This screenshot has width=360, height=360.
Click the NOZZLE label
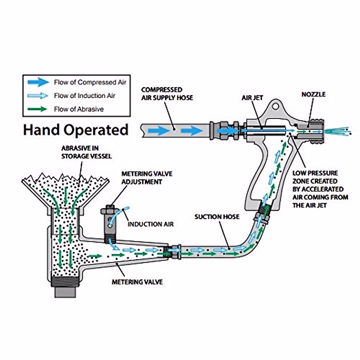(x=313, y=94)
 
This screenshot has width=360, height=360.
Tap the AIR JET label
(x=252, y=98)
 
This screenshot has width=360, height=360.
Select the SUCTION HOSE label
(x=217, y=217)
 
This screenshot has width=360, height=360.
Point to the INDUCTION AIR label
(x=151, y=224)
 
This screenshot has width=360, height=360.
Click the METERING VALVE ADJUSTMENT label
(x=147, y=178)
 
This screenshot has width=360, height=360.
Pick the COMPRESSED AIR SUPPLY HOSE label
(x=167, y=94)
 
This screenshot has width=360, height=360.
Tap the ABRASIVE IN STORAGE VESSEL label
(x=86, y=152)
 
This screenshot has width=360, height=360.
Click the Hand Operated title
(x=76, y=130)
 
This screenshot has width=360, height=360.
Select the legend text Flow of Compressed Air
(x=90, y=82)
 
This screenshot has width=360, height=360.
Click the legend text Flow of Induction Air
(x=84, y=96)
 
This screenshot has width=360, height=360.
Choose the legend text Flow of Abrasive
(x=79, y=109)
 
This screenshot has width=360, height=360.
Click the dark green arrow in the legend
(x=37, y=109)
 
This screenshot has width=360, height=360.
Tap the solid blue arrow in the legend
(x=38, y=82)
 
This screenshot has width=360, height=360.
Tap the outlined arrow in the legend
(x=38, y=96)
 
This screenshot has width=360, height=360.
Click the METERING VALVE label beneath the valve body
(x=137, y=282)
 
